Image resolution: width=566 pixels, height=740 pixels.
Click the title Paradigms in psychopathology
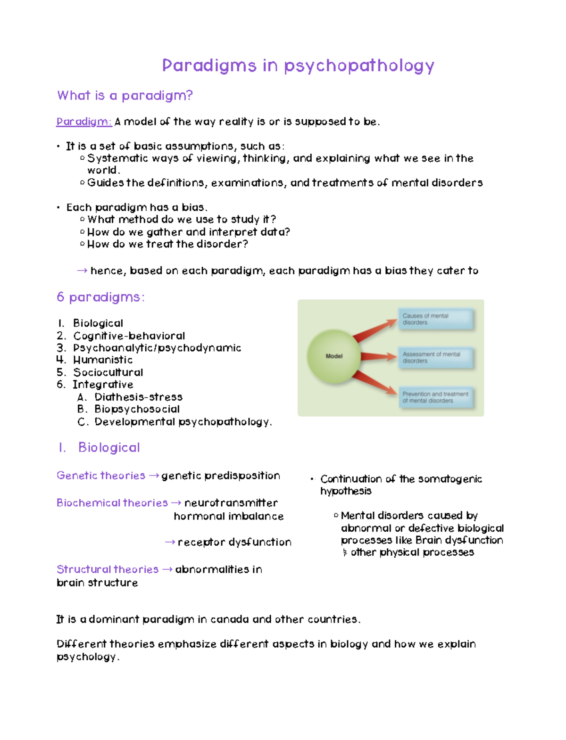point(298,66)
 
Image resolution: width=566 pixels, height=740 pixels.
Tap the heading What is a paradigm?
point(125,96)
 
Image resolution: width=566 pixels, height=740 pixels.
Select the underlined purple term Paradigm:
point(84,122)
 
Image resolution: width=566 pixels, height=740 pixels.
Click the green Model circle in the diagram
point(334,356)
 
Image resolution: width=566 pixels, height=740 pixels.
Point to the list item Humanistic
point(103,360)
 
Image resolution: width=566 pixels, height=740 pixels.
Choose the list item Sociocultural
point(108,372)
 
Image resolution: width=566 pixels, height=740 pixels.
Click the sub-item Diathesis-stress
point(138,397)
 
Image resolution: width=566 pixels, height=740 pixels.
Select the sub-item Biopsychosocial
point(137,409)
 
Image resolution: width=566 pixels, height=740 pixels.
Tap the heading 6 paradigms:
point(100,297)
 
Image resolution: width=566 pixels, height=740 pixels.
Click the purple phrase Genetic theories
point(101,476)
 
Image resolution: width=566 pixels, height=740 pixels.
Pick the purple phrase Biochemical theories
point(112,503)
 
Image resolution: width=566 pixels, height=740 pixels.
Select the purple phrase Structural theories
point(108,569)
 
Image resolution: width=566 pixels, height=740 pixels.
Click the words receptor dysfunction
point(234,543)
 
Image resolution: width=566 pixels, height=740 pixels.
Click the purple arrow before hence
point(82,271)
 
